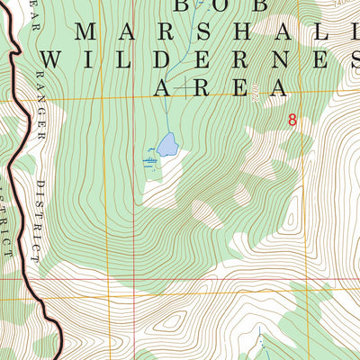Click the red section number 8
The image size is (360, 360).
click(x=292, y=119)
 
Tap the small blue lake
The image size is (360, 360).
click(x=166, y=144)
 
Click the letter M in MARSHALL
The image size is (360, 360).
click(x=87, y=31)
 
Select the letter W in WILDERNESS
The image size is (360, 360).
click(x=55, y=59)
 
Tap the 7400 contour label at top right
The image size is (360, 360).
click(x=339, y=4)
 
